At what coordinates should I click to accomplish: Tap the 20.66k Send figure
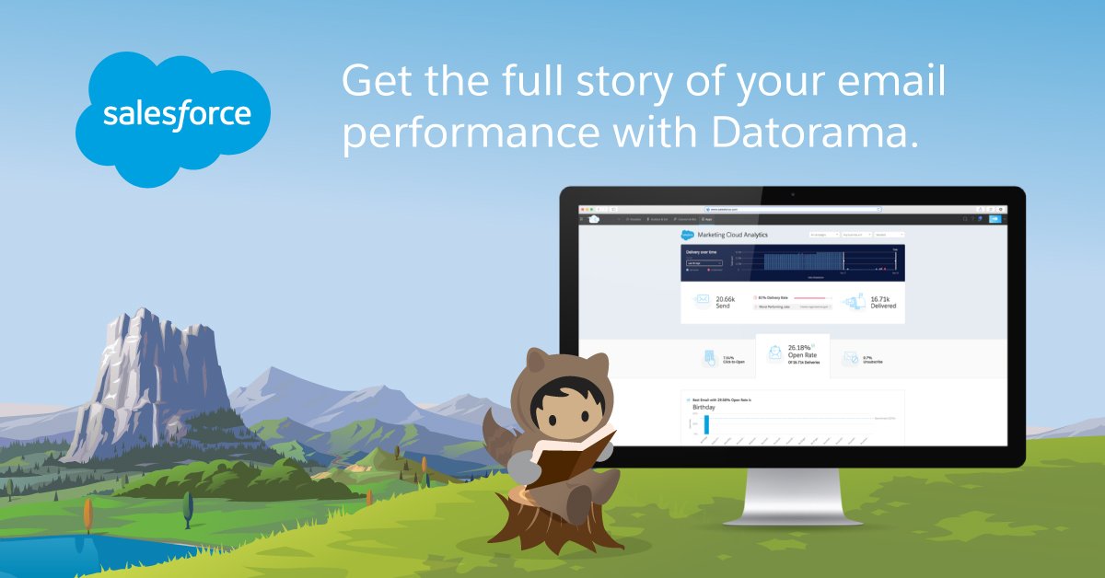point(723,302)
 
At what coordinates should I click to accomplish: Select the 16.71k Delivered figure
point(882,302)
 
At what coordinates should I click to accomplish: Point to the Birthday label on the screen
point(704,407)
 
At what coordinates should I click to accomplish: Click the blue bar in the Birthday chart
point(707,424)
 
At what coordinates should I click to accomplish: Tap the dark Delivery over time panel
point(792,261)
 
